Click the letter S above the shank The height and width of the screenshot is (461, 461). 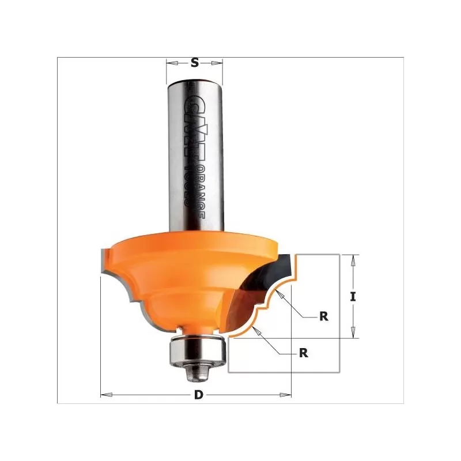click(x=194, y=63)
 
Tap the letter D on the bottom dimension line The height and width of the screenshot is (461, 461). click(x=199, y=395)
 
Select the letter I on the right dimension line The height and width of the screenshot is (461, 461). click(x=353, y=297)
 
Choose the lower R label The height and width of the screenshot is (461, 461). click(x=304, y=354)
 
